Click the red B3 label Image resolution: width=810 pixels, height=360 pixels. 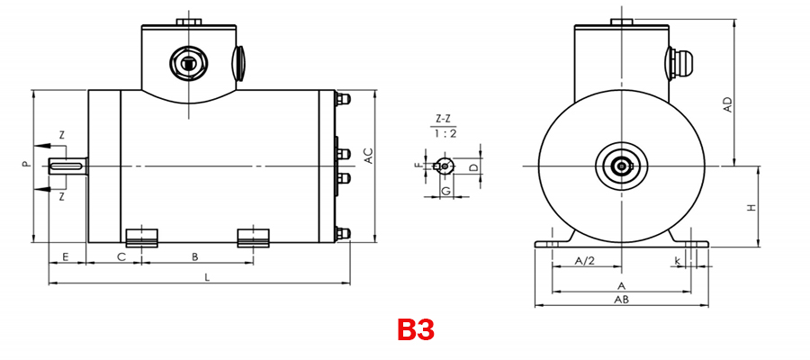415,329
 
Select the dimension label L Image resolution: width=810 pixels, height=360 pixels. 207,277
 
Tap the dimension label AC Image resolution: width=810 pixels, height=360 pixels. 369,156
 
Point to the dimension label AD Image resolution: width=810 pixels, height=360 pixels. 728,104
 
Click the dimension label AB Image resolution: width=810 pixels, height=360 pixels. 621,300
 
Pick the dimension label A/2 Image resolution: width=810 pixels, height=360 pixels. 585,261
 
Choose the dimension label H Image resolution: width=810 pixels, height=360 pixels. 751,208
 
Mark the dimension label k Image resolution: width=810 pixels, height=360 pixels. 677,261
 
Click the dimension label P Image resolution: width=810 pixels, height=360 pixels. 25,165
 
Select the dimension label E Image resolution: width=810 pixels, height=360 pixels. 66,256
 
